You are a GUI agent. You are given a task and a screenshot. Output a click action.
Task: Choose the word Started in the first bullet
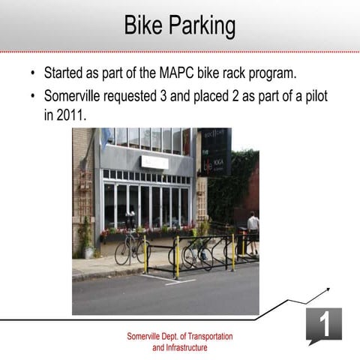[x=66, y=74]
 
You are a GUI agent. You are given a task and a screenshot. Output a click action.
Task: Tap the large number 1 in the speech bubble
[x=324, y=324]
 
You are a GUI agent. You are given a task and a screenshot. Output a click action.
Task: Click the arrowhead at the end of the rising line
[x=328, y=289]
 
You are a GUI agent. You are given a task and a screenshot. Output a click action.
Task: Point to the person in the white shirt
[x=253, y=229]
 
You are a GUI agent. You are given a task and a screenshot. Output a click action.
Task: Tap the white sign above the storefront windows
[x=154, y=162]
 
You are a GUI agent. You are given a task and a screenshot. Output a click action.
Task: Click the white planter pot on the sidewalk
[x=89, y=253]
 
